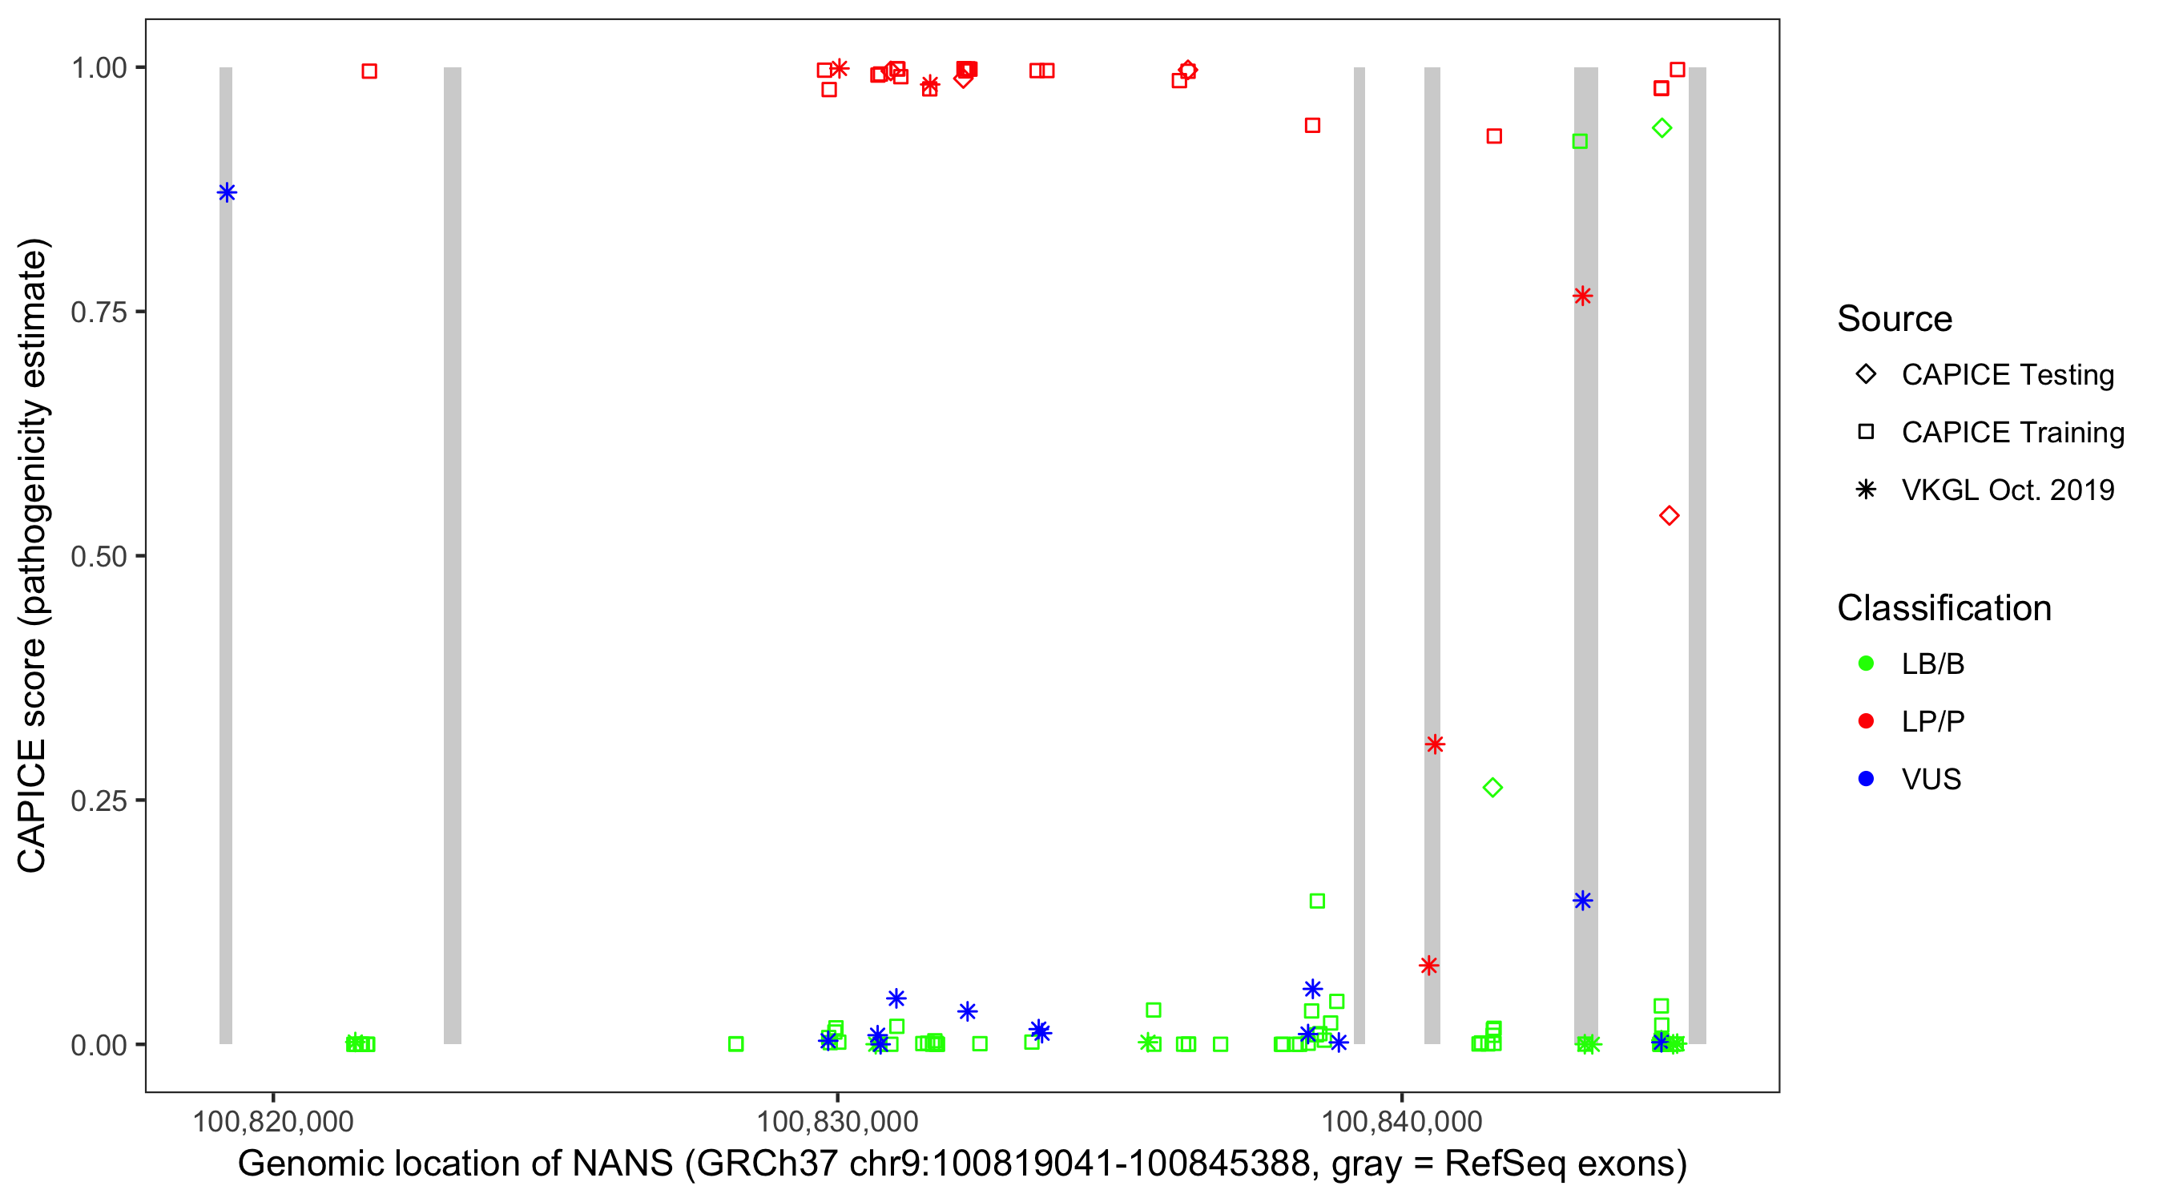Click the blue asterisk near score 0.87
pos(227,193)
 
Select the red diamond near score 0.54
pos(1670,516)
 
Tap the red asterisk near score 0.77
pos(1583,296)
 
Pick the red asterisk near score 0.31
pos(1434,744)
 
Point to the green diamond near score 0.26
pos(1493,788)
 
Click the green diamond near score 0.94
pos(1662,128)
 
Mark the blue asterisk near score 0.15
pos(1583,901)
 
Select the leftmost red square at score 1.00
pos(369,71)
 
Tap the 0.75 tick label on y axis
pos(99,313)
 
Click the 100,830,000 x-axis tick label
pos(837,1121)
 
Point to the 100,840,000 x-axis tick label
pos(1401,1121)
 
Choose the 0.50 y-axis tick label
pos(99,557)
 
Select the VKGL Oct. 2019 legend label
pos(2008,490)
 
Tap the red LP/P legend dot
pos(1866,721)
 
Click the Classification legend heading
pos(1943,608)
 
